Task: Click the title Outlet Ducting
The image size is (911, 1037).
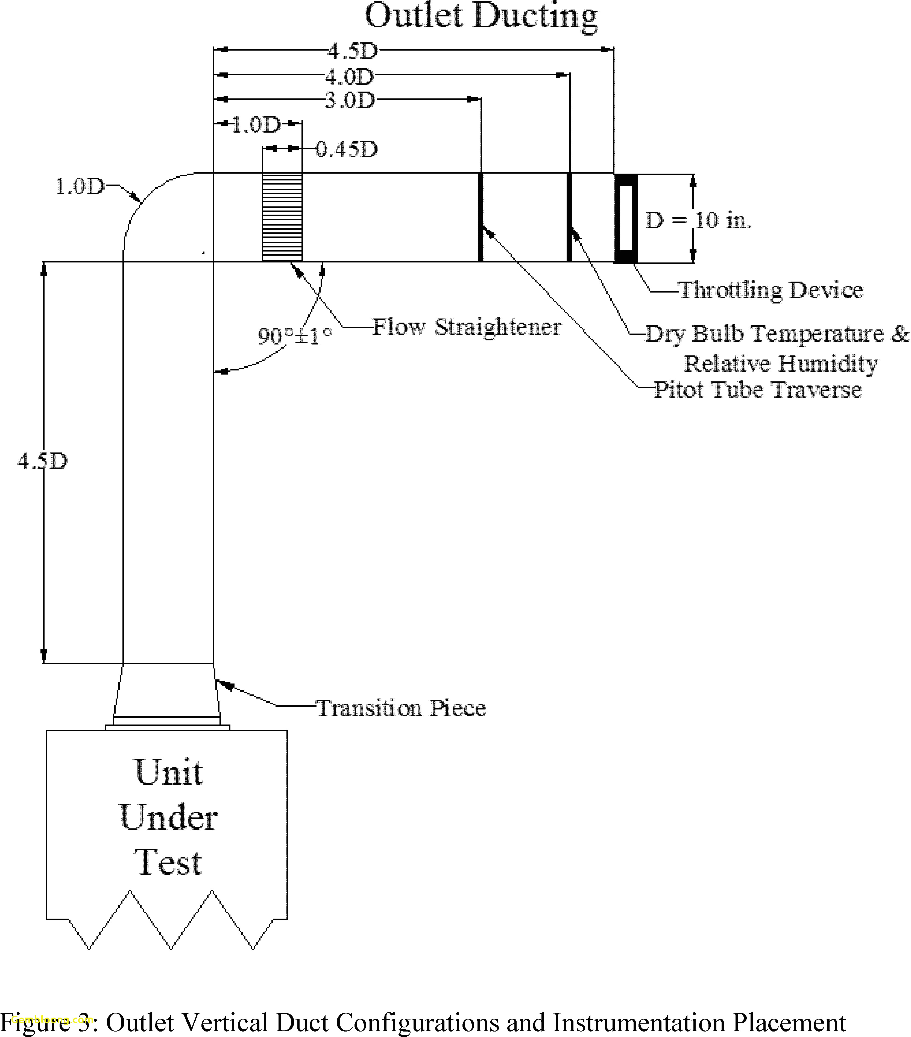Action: (x=481, y=16)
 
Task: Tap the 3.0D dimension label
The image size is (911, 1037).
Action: (x=350, y=100)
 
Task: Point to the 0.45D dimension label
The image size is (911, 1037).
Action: (x=347, y=149)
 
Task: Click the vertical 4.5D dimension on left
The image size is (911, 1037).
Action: (x=42, y=461)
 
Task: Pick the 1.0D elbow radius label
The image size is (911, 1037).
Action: (x=79, y=187)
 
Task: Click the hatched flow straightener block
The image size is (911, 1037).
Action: (x=282, y=217)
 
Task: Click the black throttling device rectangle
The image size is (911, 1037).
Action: (x=625, y=218)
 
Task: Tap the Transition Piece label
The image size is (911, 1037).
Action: (x=401, y=708)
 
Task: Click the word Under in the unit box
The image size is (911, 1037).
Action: (x=168, y=818)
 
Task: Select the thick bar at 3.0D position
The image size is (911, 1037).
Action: (x=480, y=217)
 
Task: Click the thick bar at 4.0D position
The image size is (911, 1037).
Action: (x=569, y=217)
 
